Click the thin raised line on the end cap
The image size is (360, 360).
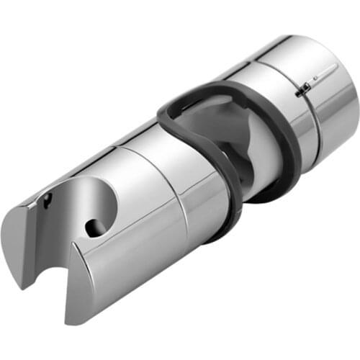point(324,72)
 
